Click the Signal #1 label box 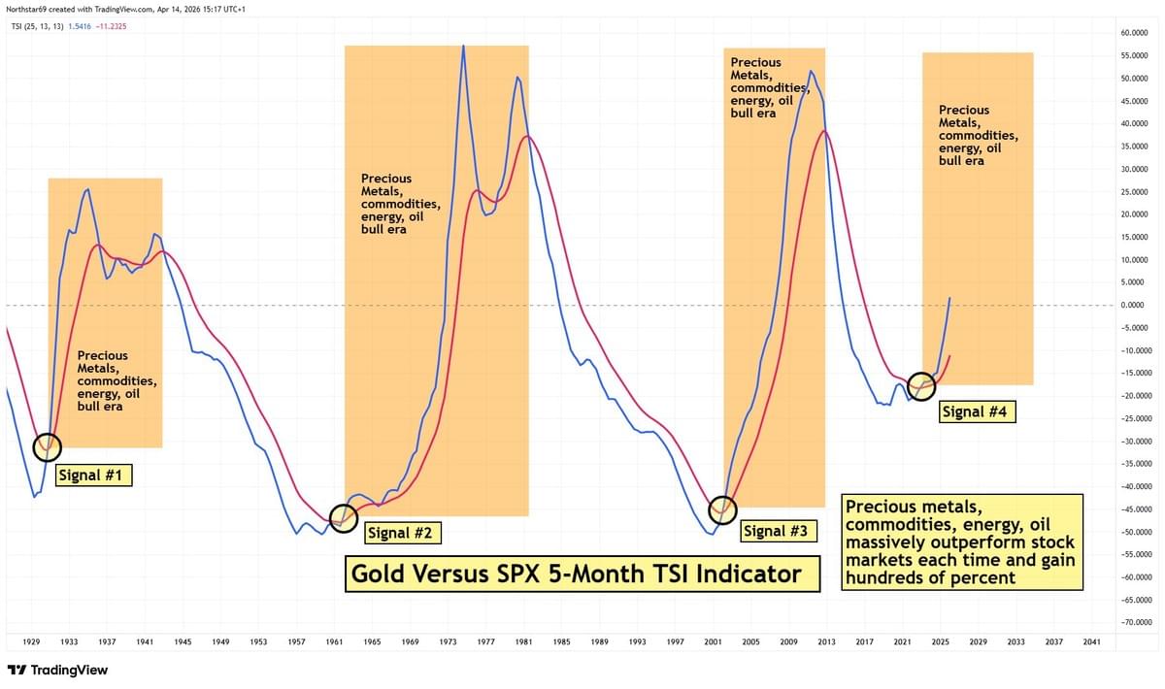click(94, 476)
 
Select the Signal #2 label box click(402, 532)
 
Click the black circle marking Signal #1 click(46, 446)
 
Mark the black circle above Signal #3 click(723, 509)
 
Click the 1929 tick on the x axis click(31, 642)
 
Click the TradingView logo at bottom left click(57, 670)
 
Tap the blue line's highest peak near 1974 click(463, 46)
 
